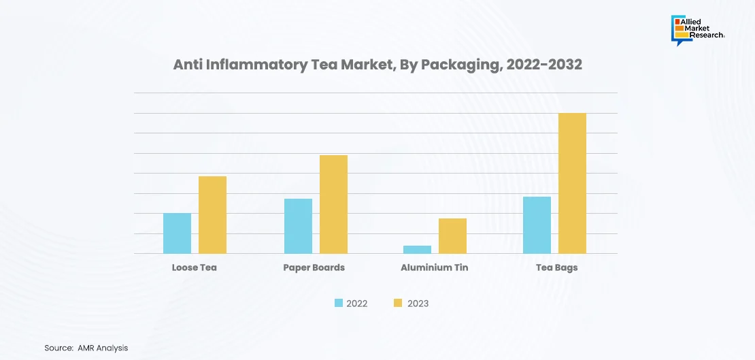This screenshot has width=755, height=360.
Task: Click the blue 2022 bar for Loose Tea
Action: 177,233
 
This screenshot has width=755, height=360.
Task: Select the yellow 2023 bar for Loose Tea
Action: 212,215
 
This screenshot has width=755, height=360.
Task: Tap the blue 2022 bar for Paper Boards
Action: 298,226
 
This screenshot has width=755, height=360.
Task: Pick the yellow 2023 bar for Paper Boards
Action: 333,204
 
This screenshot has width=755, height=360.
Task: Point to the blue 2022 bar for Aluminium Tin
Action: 417,250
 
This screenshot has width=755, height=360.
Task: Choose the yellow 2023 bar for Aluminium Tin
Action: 452,236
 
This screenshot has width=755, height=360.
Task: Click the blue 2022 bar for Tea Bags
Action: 537,225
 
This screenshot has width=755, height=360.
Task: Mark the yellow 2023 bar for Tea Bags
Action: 572,183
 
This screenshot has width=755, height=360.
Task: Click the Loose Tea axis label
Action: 194,267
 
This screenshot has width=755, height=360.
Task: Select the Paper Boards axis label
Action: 314,267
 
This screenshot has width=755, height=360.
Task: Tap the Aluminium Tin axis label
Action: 434,267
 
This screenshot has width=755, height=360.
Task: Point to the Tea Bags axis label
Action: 556,267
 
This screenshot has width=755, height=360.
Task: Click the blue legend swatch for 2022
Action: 338,303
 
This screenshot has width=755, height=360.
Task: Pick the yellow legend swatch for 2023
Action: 398,303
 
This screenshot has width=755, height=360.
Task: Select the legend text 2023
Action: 418,304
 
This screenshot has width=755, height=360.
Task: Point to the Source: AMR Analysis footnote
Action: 86,348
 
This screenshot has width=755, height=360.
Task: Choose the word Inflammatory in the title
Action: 250,65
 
